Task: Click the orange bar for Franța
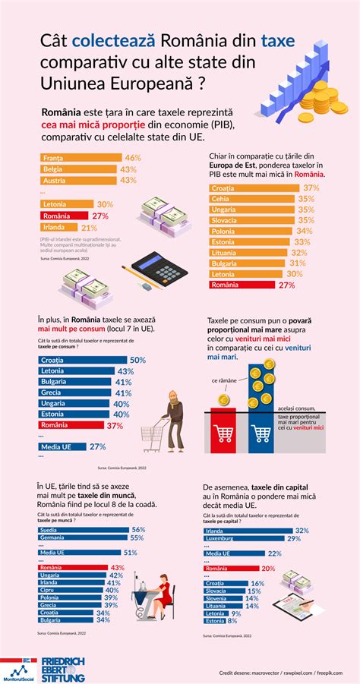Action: [80, 158]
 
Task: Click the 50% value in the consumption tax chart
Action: [137, 360]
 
